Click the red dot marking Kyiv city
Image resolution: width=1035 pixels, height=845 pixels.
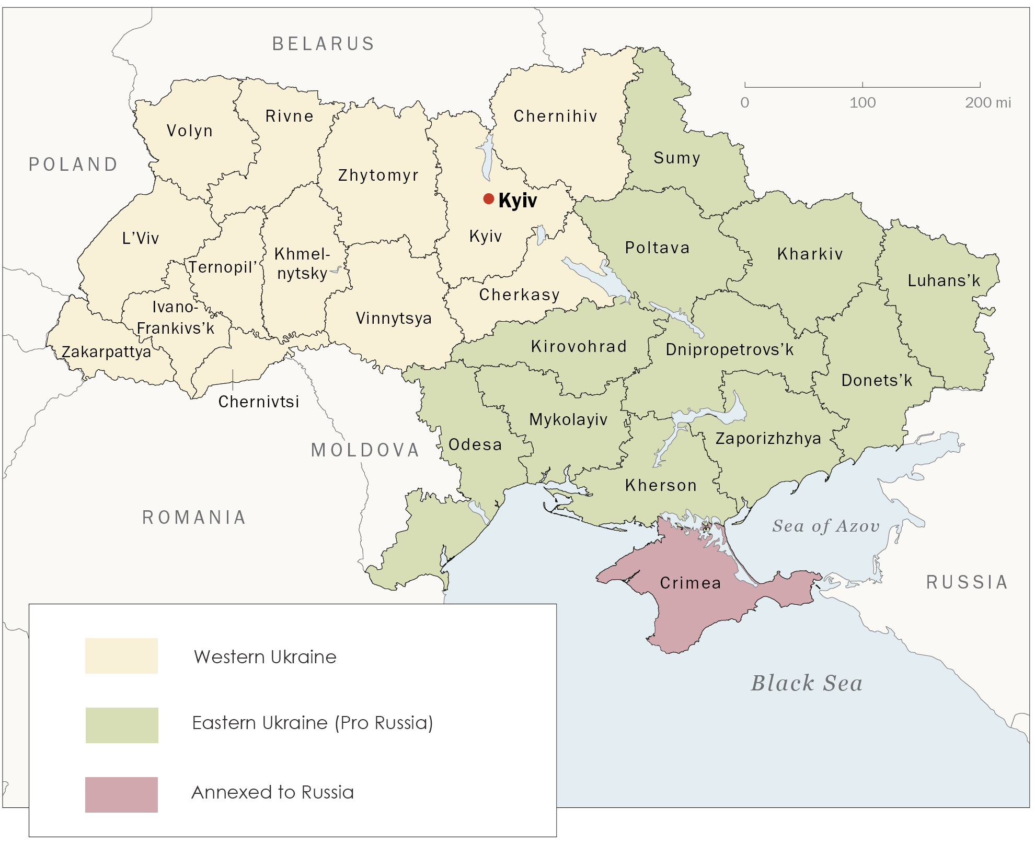pos(489,198)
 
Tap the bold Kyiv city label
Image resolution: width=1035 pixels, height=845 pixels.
pos(517,201)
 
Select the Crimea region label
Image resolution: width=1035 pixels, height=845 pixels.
pos(691,583)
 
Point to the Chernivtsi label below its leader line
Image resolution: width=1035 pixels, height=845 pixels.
pos(259,402)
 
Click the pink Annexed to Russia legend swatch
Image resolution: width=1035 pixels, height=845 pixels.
pos(121,794)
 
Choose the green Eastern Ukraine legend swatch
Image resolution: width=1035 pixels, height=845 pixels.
pos(122,725)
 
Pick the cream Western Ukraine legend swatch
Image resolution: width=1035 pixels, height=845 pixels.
pos(121,655)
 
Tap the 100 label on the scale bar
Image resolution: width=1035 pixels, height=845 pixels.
pos(862,102)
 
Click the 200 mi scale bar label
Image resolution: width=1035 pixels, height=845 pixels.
pos(987,102)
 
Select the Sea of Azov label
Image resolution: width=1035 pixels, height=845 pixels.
pos(826,526)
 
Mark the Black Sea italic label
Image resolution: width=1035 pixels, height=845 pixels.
pos(807,683)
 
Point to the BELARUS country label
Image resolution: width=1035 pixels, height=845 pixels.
pos(324,44)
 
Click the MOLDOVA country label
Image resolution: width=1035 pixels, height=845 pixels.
pos(365,450)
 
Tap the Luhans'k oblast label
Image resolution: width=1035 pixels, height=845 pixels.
pos(944,281)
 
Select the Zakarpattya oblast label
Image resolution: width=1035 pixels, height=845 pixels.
pos(107,352)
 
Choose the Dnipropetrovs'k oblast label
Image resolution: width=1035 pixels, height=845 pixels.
pos(730,349)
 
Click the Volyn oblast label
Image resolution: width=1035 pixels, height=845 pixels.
pos(190,131)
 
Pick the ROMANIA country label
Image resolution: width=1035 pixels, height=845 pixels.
pos(194,518)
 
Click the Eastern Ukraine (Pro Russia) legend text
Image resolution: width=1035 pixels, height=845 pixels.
pos(313,723)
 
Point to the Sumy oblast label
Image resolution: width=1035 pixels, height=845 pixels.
pos(677,158)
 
